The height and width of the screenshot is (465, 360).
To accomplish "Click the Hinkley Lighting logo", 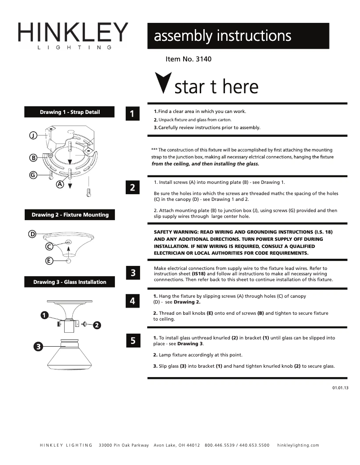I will click(x=73, y=35).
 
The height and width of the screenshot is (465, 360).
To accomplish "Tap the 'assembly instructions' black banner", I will click(x=238, y=36).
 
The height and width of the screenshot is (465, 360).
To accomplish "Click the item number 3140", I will click(x=189, y=59).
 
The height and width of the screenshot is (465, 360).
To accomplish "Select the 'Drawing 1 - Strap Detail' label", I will click(x=70, y=112).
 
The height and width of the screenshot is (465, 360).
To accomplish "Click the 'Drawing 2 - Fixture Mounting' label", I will click(x=70, y=215).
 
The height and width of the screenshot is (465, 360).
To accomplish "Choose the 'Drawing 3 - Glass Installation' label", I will click(x=70, y=282).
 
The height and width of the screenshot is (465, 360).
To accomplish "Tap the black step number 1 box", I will click(x=132, y=114).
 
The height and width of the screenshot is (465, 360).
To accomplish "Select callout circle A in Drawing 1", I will click(x=60, y=184).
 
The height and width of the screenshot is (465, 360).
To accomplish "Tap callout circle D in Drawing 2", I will click(x=32, y=234).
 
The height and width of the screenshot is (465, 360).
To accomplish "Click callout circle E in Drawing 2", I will click(x=49, y=261).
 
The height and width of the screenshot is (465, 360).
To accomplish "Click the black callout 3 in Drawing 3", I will click(x=39, y=346).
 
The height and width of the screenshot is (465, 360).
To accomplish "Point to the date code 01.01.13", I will click(x=340, y=387).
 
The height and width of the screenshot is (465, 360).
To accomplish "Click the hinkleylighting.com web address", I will click(x=298, y=445).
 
